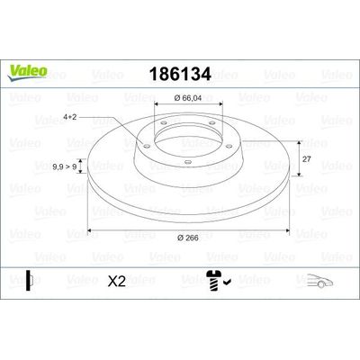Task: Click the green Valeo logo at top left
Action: point(27,73)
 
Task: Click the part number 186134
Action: point(180,74)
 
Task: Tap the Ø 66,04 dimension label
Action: point(188,98)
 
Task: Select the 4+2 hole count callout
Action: point(70,117)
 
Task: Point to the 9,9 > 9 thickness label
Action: point(65,166)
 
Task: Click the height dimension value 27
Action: point(306,159)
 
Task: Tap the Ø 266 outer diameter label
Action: point(188,238)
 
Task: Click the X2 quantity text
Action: point(117,282)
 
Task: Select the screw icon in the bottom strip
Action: point(213,281)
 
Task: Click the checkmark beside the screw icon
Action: point(227,282)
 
